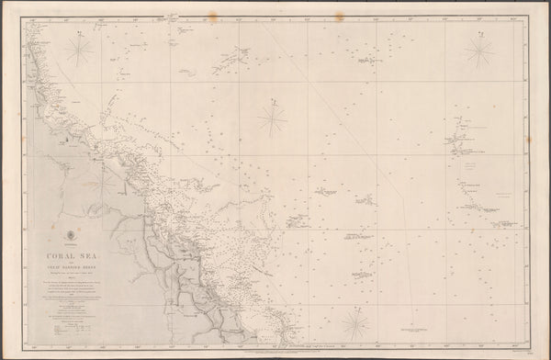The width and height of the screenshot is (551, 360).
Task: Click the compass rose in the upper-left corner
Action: click(x=79, y=50)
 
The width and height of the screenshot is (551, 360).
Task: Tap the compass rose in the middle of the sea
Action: click(x=272, y=117)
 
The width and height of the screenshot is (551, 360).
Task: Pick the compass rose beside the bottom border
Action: click(x=354, y=322)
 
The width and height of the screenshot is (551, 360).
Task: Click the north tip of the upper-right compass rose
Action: click(x=478, y=33)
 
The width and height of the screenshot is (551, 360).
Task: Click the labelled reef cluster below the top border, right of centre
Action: click(x=367, y=60)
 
